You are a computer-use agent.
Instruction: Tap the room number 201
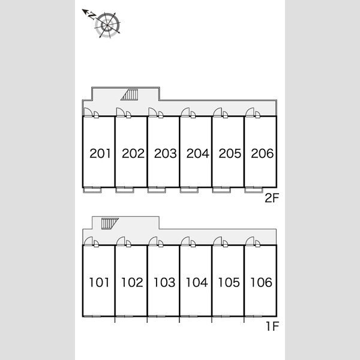100,154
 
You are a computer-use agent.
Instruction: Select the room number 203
164,154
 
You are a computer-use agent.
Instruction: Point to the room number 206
262,154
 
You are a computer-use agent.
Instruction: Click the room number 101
100,282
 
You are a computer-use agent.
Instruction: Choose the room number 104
197,282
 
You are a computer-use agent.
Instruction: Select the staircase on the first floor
108,223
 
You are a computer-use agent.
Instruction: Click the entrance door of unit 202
122,112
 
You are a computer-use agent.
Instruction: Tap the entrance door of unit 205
218,112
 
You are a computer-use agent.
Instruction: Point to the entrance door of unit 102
122,241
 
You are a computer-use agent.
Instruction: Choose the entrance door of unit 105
218,241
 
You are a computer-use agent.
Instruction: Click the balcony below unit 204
188,190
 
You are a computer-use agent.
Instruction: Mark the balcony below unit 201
92,190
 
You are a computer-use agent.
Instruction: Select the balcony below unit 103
156,319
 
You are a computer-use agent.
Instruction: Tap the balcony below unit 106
253,319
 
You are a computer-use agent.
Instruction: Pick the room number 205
229,154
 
